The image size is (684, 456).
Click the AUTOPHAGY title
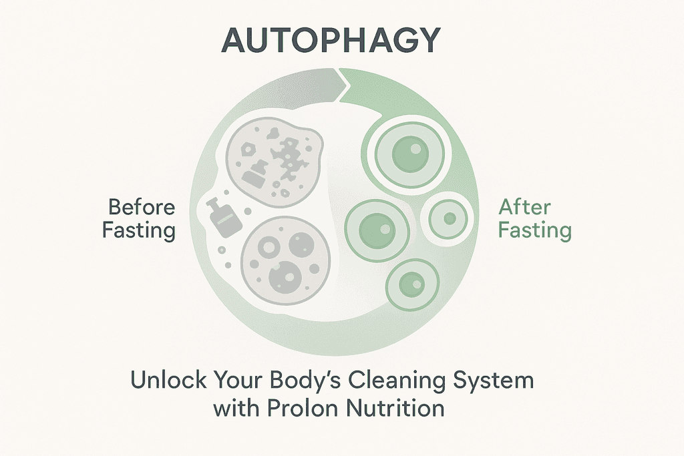click(331, 39)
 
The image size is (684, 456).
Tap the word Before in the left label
click(142, 207)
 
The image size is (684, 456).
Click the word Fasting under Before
click(139, 230)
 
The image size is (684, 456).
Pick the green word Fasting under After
click(535, 230)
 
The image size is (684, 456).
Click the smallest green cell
click(448, 218)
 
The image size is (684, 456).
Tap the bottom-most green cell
click(412, 284)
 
